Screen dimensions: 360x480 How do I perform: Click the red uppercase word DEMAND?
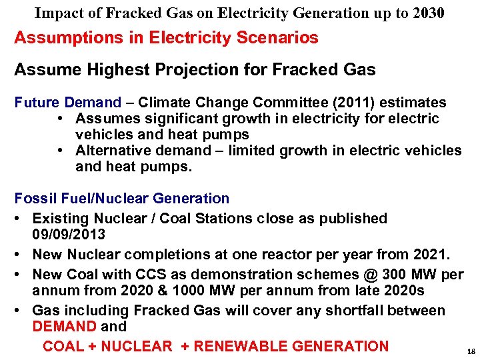pos(65,327)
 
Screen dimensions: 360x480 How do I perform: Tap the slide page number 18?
pos(471,351)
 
